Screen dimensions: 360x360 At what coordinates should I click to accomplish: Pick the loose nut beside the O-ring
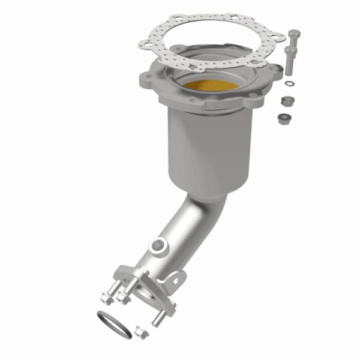(x=142, y=331)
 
